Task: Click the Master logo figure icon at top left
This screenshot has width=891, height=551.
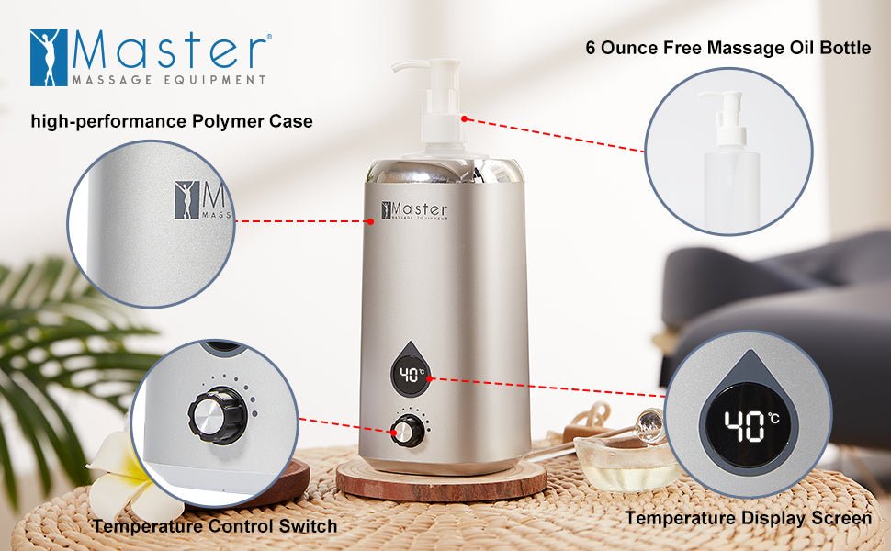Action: (48, 58)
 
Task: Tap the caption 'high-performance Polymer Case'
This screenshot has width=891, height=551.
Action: (172, 121)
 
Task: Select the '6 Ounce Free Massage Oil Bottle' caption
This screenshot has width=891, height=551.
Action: (727, 48)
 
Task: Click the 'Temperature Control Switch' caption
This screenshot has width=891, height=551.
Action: (214, 526)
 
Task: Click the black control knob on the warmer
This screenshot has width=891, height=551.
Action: (407, 430)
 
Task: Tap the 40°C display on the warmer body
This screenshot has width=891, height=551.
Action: (412, 374)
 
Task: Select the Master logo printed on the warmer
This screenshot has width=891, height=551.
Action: (415, 211)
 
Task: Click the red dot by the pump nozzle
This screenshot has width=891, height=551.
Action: (466, 118)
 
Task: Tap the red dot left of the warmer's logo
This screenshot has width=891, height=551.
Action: (370, 220)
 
